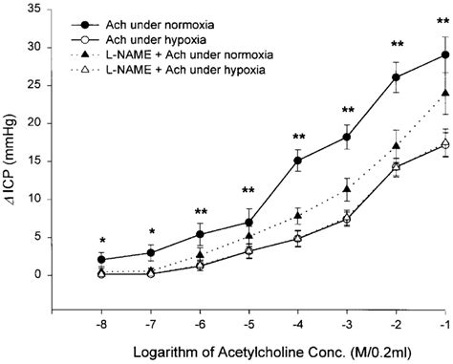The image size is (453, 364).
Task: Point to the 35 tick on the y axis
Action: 39,9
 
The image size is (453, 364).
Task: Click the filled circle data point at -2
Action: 396,77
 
